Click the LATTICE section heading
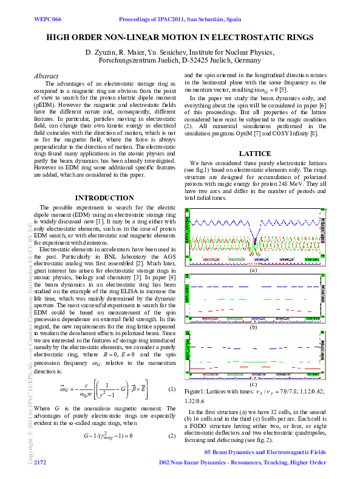[258, 154]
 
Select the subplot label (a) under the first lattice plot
[254, 271]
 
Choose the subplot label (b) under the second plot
[254, 327]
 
